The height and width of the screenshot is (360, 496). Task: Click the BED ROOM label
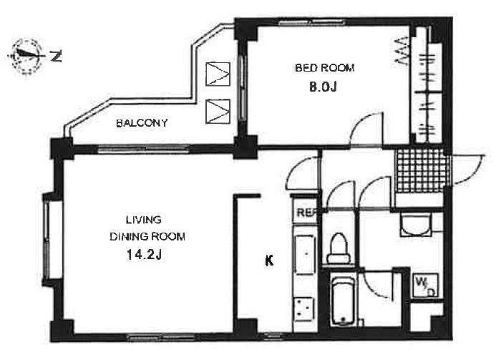324,68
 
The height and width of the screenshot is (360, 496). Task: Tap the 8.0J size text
323,87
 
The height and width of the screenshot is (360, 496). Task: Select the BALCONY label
142,122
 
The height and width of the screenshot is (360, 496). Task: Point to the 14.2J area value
145,254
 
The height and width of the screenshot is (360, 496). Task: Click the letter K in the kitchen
269,261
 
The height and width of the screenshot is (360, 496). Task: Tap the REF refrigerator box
306,213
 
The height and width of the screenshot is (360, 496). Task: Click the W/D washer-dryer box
425,286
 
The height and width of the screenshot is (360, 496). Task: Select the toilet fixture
339,248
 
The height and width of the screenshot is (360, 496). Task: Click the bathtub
344,301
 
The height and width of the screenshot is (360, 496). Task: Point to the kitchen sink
305,254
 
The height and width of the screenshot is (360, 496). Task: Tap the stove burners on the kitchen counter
304,309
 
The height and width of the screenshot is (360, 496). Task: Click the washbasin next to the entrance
416,224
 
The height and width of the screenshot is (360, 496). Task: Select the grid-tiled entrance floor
422,170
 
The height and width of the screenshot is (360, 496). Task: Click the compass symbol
27,56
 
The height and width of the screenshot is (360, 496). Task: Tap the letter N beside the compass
56,57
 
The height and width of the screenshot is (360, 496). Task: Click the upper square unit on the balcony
218,74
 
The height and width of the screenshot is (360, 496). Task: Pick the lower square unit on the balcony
218,112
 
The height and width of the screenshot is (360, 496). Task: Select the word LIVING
144,220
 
